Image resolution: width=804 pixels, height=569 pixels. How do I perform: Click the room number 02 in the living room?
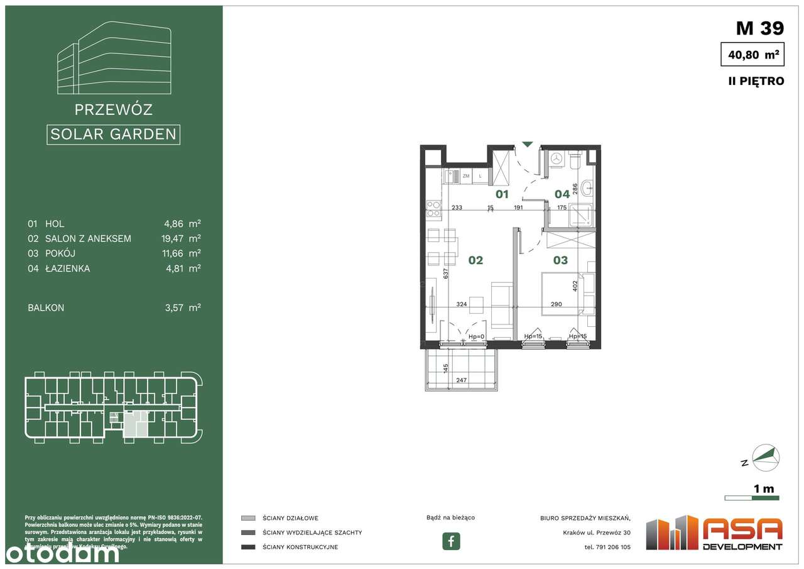[x=475, y=260]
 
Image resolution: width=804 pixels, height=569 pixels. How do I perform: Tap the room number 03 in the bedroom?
[x=560, y=260]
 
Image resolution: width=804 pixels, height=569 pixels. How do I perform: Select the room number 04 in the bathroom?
[x=562, y=194]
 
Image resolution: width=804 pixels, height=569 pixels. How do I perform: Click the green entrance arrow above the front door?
[x=528, y=145]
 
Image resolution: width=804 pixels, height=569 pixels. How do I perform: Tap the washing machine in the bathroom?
[x=555, y=159]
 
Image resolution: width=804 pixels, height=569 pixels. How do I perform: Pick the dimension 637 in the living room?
[x=445, y=274]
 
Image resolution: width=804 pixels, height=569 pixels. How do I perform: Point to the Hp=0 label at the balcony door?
[x=477, y=336]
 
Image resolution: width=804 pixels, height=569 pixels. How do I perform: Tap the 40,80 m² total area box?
[x=752, y=55]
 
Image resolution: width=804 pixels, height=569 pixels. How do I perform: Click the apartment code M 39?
[x=759, y=28]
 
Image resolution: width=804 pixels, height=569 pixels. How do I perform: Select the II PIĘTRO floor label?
[x=754, y=81]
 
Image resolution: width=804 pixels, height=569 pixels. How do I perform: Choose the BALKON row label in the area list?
[x=46, y=307]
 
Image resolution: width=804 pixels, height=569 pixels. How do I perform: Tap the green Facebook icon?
[x=451, y=541]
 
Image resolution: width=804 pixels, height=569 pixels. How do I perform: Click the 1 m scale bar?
[x=751, y=498]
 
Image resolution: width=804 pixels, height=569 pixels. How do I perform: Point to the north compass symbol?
[x=766, y=457]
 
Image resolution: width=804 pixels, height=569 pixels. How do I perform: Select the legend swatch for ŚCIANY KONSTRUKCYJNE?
[x=248, y=547]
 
